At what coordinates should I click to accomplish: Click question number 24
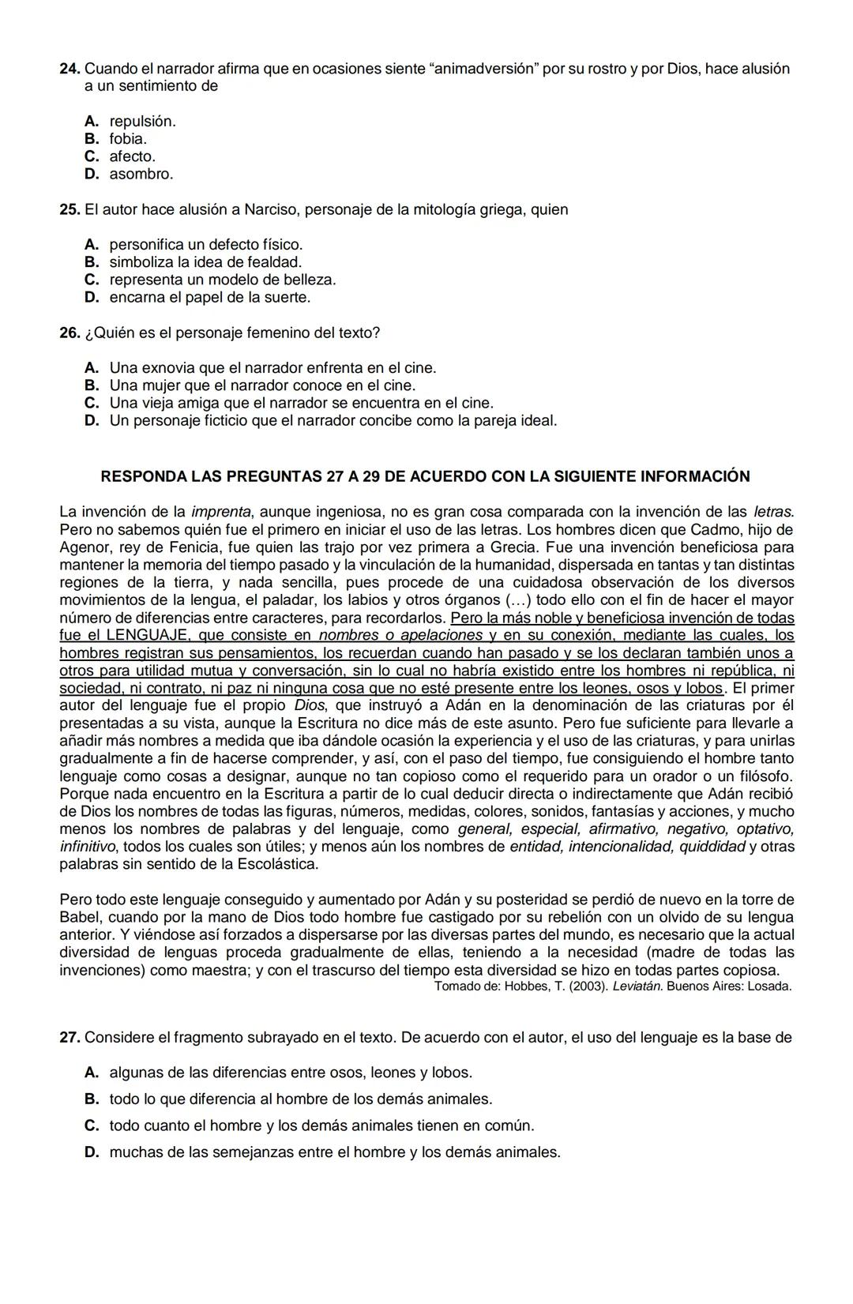[x=70, y=69]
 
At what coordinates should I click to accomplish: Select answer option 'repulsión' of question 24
[x=142, y=122]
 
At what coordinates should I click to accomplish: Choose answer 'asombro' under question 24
[x=141, y=174]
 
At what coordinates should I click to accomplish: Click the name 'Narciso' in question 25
[x=270, y=210]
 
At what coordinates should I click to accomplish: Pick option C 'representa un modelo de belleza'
[x=222, y=280]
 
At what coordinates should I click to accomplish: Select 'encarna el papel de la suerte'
[x=209, y=298]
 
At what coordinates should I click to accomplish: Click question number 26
[x=70, y=333]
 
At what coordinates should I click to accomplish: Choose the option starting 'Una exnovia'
[x=272, y=368]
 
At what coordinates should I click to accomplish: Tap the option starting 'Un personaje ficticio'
[x=333, y=421]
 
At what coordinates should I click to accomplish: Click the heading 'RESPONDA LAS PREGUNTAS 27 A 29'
[x=426, y=477]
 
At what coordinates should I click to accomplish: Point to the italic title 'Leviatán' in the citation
[x=637, y=986]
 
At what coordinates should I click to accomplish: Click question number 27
[x=70, y=1038]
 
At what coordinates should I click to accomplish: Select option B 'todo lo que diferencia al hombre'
[x=300, y=1099]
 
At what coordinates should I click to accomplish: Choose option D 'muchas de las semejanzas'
[x=334, y=1152]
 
